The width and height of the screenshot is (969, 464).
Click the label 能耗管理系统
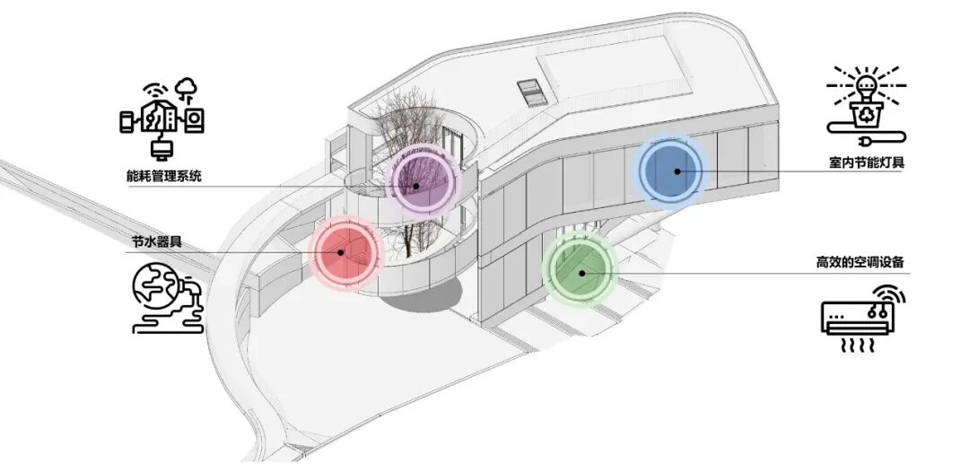pos(163,176)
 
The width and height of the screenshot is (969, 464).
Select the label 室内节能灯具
pos(867,162)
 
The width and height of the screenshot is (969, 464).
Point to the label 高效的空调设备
pos(860,262)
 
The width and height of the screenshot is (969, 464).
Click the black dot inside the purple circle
pos(416,186)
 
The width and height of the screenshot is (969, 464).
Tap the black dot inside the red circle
pos(341,252)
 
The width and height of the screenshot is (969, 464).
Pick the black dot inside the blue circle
pos(677,171)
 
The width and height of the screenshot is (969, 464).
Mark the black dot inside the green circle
pos(581,273)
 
